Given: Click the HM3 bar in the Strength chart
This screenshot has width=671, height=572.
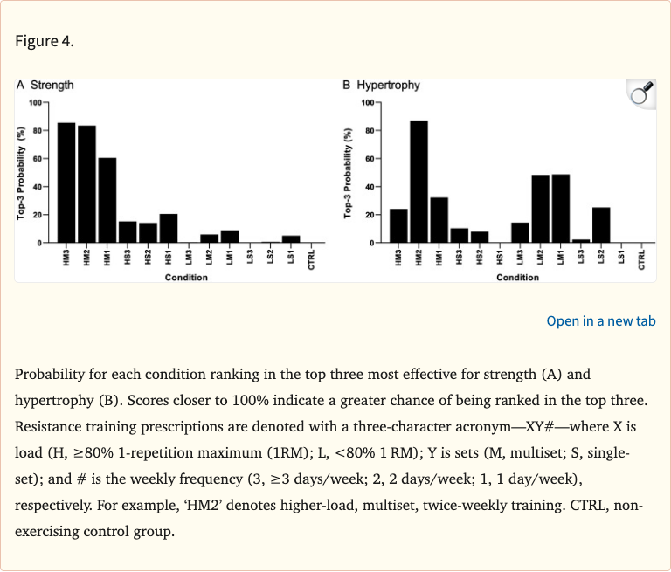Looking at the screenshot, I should coord(66,183).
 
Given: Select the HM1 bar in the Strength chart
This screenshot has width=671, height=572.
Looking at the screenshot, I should coord(107,200).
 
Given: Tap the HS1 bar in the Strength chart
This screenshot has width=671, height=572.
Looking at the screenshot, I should coord(168,228).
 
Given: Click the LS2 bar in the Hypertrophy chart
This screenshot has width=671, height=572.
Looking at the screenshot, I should coord(601,224).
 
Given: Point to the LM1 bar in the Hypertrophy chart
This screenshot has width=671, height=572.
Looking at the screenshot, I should coord(560,208).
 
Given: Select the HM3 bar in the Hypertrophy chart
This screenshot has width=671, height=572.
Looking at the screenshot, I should coord(398,225).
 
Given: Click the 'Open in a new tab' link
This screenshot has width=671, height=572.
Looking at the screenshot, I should coord(600,321).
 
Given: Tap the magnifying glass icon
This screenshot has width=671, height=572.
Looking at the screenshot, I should coord(641,93).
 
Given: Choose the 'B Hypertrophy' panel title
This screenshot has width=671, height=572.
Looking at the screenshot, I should coord(382,86).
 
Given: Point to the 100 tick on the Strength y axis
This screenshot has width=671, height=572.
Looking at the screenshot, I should coord(36,103).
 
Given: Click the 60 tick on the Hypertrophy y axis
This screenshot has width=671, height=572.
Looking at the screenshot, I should coord(370,159).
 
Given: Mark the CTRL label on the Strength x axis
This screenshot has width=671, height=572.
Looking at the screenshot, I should coord(311,259).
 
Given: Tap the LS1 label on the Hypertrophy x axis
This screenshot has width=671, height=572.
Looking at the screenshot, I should coord(621,259).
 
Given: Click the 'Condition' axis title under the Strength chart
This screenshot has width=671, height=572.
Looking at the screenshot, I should coord(187,278).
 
